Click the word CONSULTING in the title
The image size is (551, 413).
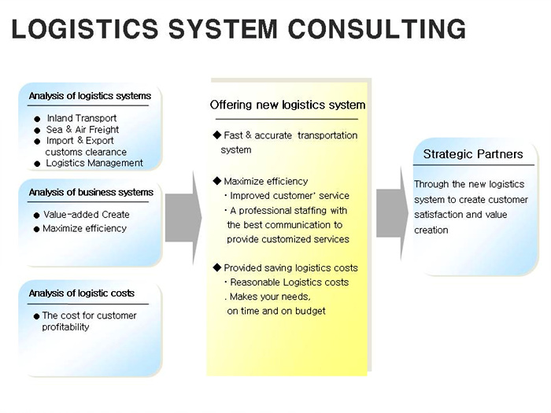coord(377,29)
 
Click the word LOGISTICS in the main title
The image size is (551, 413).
coord(85,29)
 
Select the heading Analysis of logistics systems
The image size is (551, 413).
coord(90,96)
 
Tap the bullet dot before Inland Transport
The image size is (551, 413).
coord(37,119)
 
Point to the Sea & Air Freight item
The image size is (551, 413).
coord(83,130)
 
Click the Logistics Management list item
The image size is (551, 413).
coord(94,163)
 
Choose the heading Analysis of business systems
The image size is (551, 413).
coord(91,193)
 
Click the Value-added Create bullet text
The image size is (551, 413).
coord(87,215)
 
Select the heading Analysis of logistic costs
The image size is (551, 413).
coord(82,293)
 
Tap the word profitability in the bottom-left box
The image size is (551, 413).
coord(65,327)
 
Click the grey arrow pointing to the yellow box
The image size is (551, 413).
coord(183,218)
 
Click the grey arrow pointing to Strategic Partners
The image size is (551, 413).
coord(393,213)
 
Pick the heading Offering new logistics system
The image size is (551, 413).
coord(287,105)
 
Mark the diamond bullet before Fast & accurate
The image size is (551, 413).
coord(216,135)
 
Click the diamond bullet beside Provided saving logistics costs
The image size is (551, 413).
coord(216,267)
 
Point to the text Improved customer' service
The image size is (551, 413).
coord(290,196)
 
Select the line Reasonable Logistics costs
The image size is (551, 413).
coord(289,282)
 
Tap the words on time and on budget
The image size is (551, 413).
coord(276,312)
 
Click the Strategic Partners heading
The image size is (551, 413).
coord(473,154)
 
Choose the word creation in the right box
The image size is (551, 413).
coord(431,230)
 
